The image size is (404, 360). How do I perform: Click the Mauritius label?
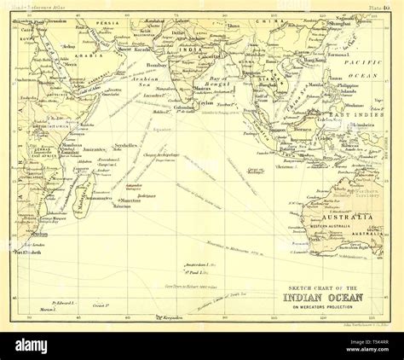(x=128, y=200)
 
